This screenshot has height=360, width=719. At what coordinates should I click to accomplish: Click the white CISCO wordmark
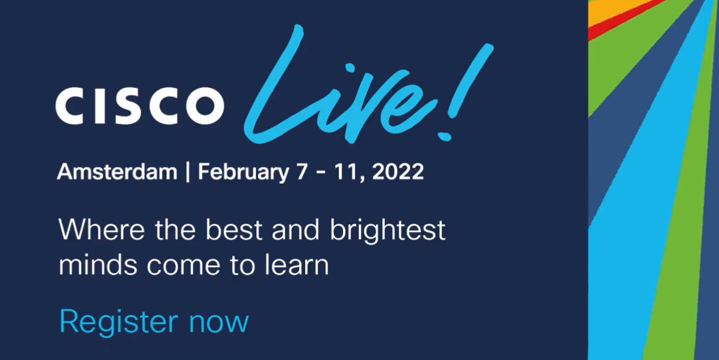coord(139,106)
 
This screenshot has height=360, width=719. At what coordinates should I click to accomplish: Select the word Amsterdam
coord(117,172)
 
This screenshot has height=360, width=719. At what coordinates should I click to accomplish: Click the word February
coord(243,173)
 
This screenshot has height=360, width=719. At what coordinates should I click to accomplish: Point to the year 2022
coord(398,172)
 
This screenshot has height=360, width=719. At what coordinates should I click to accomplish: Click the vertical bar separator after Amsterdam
coord(188,172)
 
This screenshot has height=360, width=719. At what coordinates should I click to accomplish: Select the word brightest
coord(388,231)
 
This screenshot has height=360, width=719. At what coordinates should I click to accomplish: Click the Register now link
coord(154,322)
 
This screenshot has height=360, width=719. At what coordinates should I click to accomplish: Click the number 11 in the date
coord(347,172)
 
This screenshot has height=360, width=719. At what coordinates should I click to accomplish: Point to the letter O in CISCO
coord(205,106)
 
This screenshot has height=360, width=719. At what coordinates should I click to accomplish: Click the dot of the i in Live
coord(350,68)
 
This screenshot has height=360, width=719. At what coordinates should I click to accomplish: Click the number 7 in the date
coord(302,172)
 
